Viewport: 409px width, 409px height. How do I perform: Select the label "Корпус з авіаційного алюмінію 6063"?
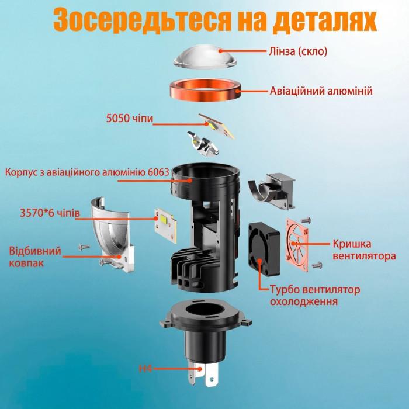click(x=87, y=172)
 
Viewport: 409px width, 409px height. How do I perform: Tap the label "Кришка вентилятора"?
click(x=364, y=249)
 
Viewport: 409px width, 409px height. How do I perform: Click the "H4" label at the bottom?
click(x=145, y=369)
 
